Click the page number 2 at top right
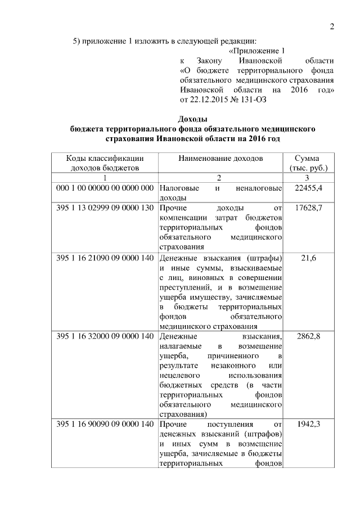pyautogui.click(x=332, y=26)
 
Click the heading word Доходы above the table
pyautogui.click(x=192, y=119)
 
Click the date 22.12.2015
pyautogui.click(x=208, y=100)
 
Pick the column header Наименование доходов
pyautogui.click(x=220, y=159)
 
